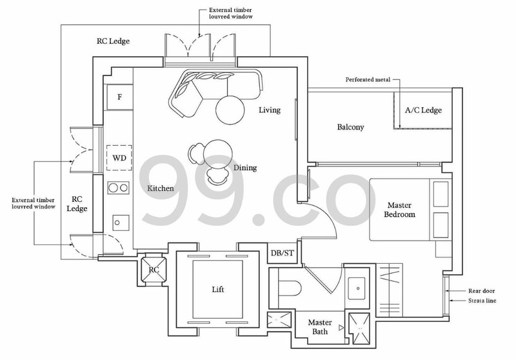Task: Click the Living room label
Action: [270, 110]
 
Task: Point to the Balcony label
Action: [351, 127]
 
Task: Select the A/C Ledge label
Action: [423, 110]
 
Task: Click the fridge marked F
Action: [119, 97]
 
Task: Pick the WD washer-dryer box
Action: [119, 157]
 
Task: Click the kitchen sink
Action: [119, 221]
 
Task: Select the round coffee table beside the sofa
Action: [231, 108]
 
